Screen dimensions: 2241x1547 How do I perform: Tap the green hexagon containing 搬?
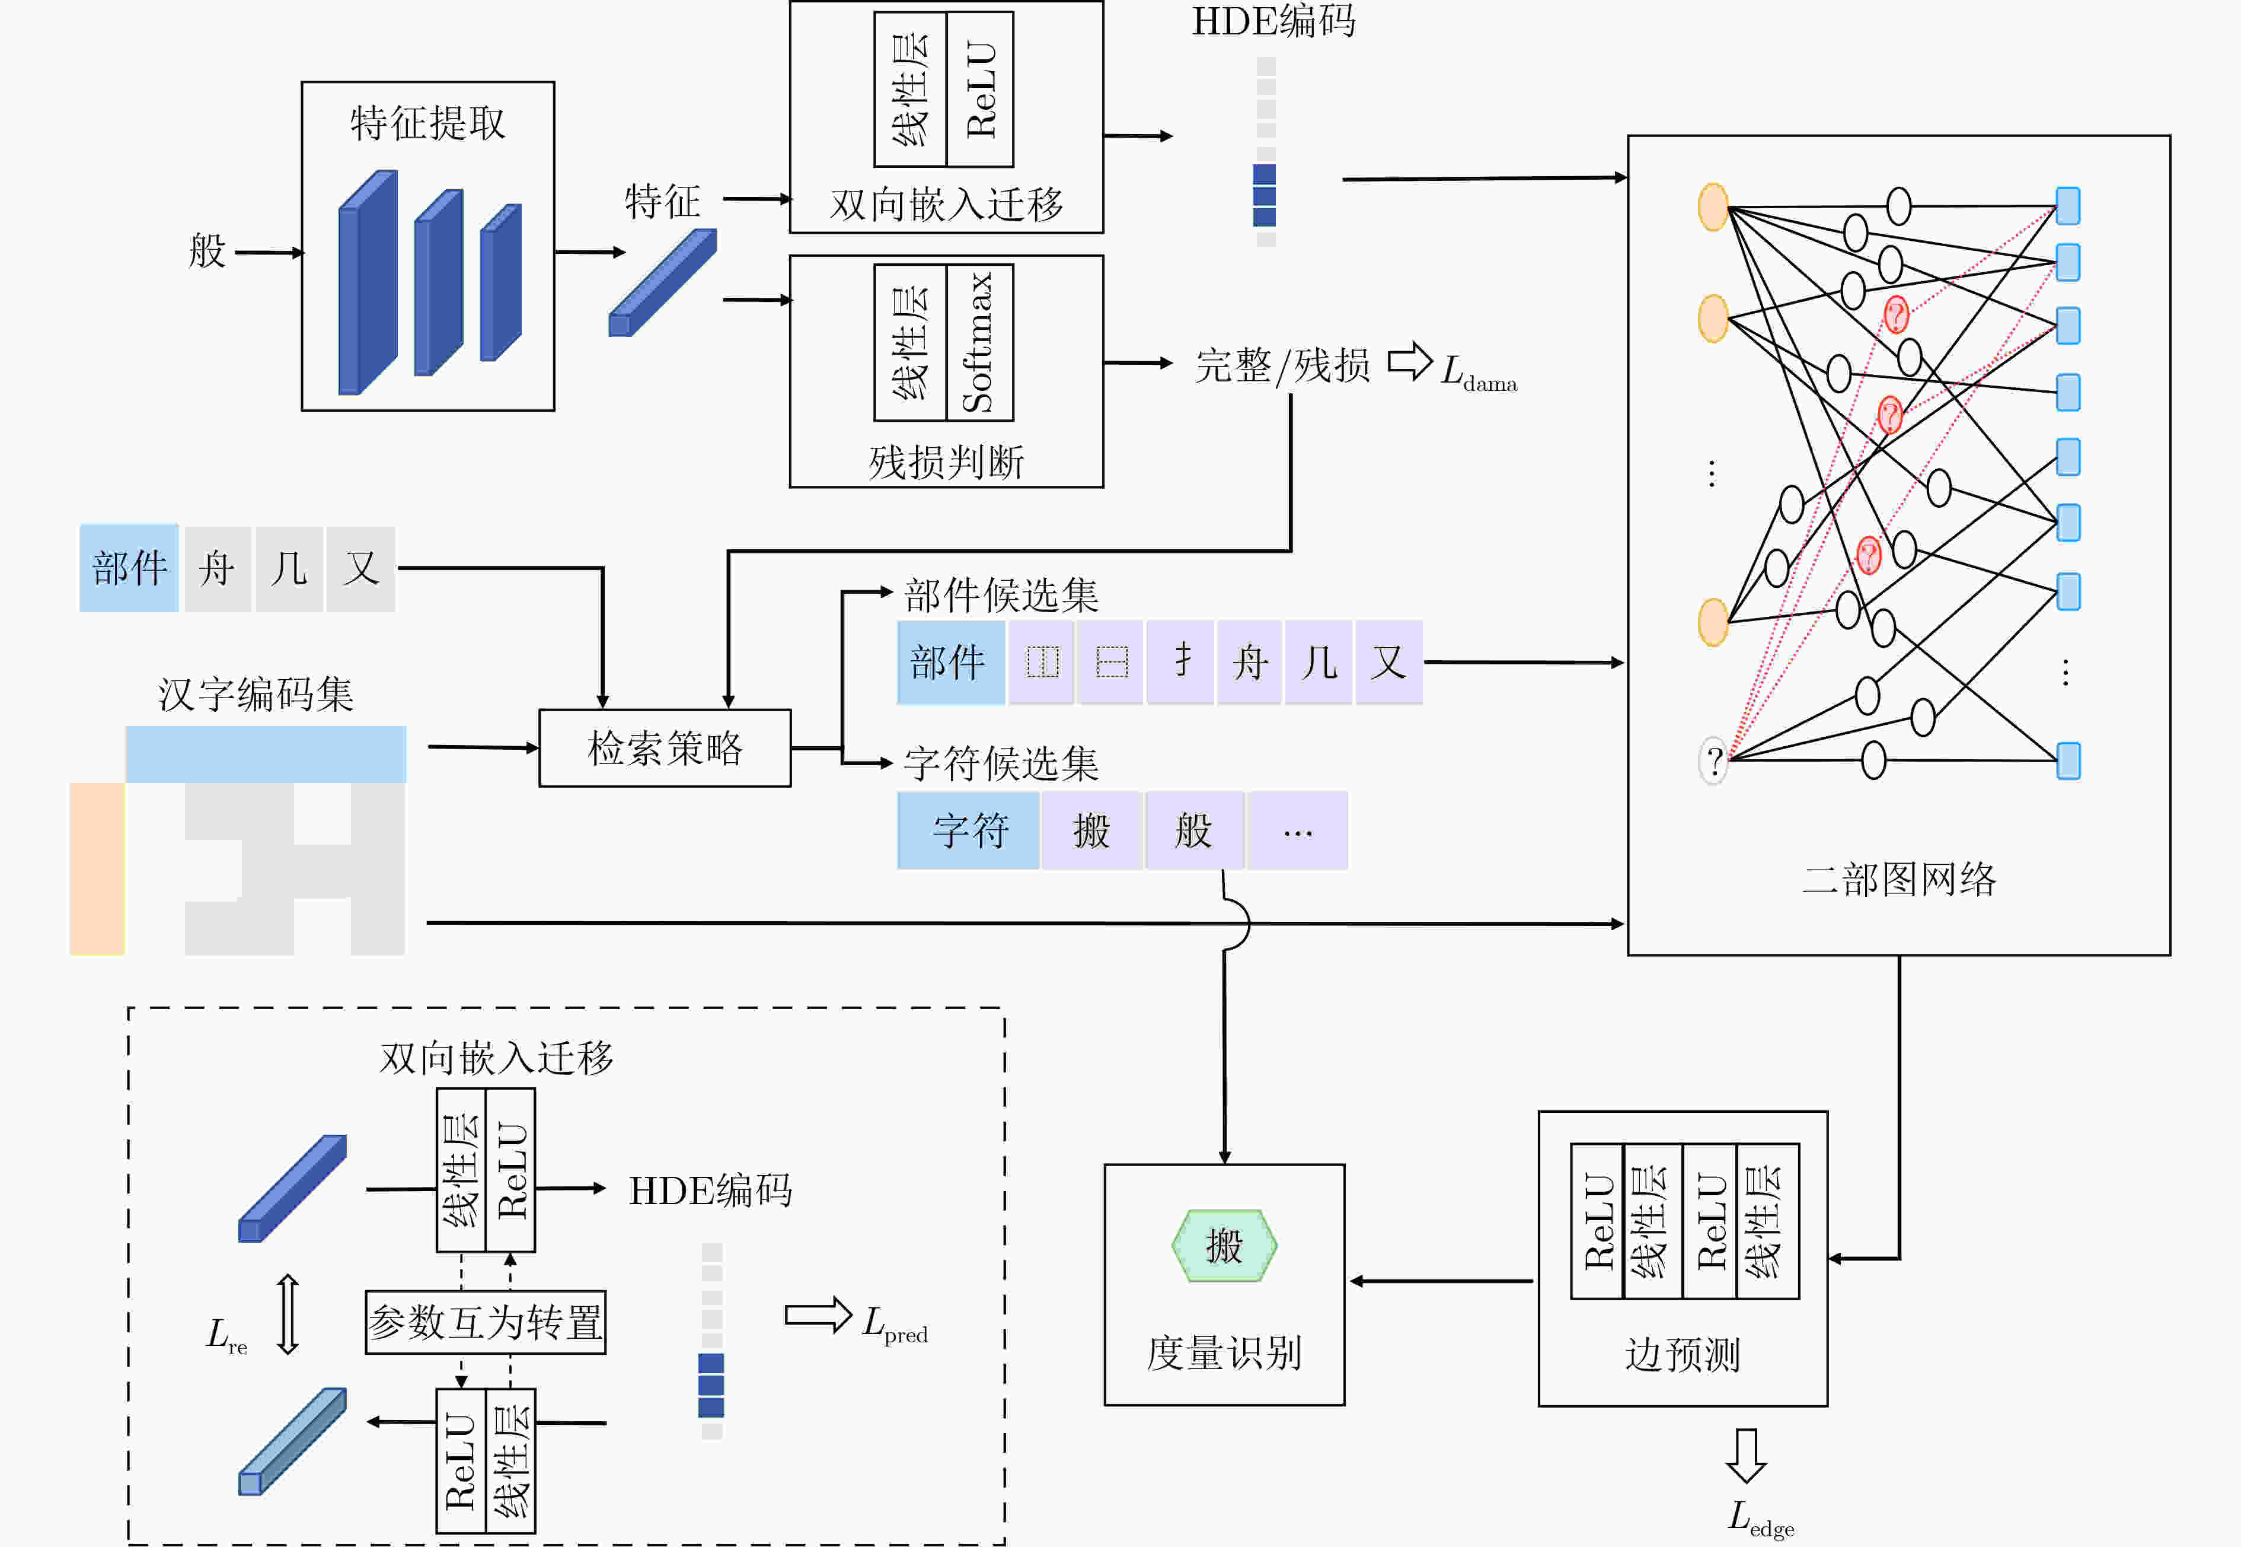[1224, 1246]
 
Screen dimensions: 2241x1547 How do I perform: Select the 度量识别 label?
[1224, 1352]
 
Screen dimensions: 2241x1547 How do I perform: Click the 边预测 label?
[1682, 1354]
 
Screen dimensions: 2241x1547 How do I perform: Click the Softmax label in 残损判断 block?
[979, 342]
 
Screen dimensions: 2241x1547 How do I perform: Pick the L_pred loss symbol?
[894, 1324]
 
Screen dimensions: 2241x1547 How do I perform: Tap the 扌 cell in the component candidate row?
[1180, 662]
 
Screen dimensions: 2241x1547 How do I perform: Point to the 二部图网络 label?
[1899, 879]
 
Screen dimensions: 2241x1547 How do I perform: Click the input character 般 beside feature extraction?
[206, 251]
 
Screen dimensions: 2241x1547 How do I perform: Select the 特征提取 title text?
[427, 123]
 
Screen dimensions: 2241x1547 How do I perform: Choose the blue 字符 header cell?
[968, 830]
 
